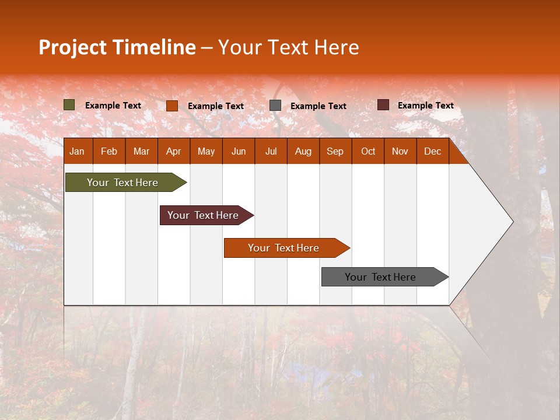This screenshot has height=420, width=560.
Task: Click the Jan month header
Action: [x=77, y=152]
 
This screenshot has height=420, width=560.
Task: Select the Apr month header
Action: [x=173, y=152]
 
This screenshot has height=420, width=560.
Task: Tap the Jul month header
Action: [x=271, y=152]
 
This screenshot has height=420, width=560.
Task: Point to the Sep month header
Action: [x=335, y=152]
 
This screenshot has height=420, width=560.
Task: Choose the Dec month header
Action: [x=432, y=152]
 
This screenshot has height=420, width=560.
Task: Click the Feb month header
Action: [x=109, y=152]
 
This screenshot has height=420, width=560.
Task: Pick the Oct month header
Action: [x=368, y=152]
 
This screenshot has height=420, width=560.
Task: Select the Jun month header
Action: [x=239, y=152]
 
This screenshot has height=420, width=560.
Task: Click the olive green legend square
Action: [x=69, y=105]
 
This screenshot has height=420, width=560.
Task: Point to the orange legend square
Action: [x=172, y=106]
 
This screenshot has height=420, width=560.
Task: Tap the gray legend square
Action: [x=275, y=106]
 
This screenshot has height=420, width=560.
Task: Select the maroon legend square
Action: [x=383, y=105]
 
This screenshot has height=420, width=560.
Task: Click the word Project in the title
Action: [x=73, y=47]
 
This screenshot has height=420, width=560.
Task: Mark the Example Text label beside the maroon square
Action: [x=425, y=106]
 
